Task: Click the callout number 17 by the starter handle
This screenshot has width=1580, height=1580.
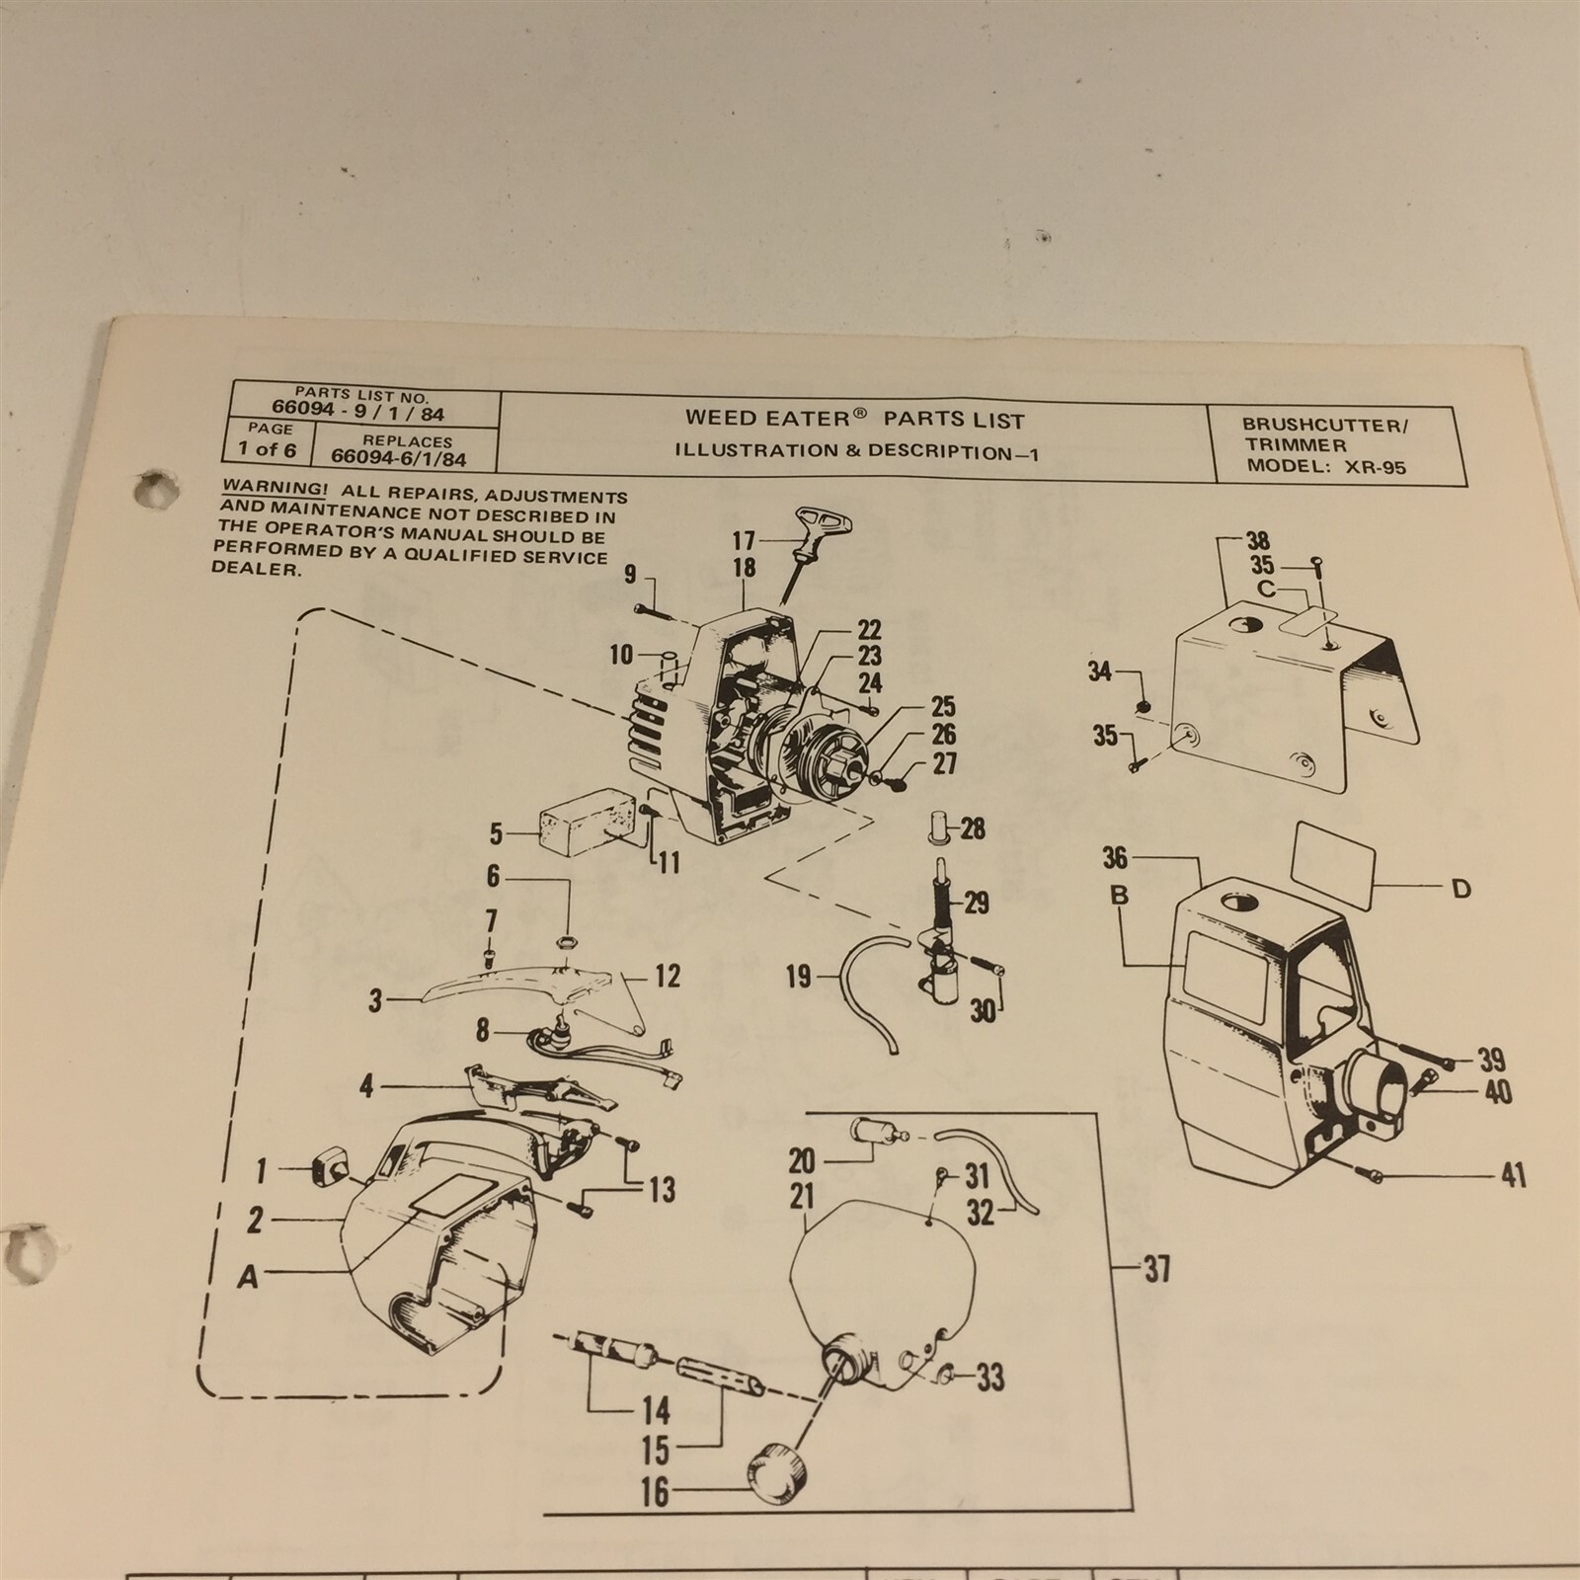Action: [x=743, y=540]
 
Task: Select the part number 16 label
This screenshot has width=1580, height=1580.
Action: [x=655, y=1492]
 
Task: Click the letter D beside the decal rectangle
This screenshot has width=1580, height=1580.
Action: [x=1461, y=889]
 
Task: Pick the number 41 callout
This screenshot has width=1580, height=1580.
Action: [x=1513, y=1175]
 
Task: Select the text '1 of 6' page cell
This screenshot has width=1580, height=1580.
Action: [x=267, y=450]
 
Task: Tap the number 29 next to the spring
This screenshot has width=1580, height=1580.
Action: [x=976, y=902]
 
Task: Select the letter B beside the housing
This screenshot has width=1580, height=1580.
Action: [x=1119, y=897]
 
